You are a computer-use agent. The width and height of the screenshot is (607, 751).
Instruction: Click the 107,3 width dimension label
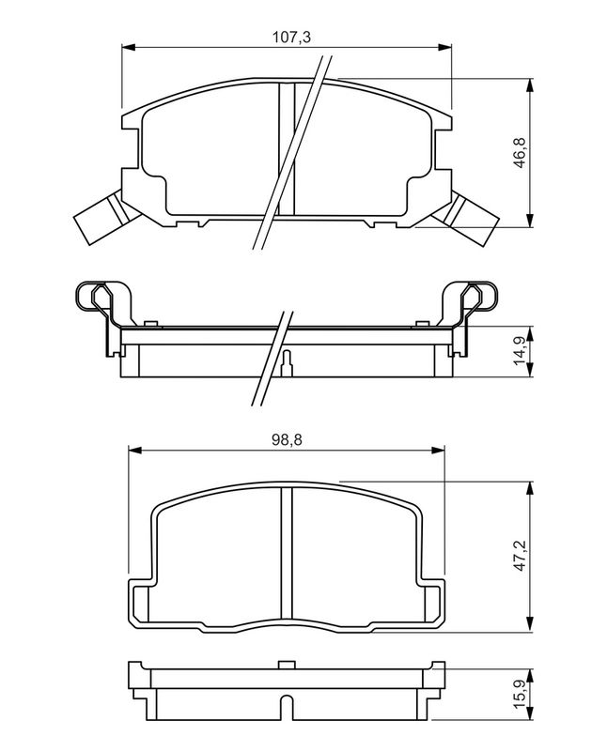(x=291, y=37)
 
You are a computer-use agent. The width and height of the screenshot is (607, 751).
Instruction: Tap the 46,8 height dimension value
(x=521, y=152)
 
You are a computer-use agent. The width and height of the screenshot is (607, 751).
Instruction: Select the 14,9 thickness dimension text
(x=521, y=351)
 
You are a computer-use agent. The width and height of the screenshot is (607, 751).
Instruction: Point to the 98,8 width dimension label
(x=287, y=439)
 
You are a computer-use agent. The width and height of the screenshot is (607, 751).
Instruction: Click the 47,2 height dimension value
(x=521, y=555)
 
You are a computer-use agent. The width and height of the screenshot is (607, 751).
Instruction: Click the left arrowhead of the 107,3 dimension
(x=128, y=47)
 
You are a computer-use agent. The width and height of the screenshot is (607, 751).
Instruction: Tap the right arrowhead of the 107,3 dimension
(x=445, y=47)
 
